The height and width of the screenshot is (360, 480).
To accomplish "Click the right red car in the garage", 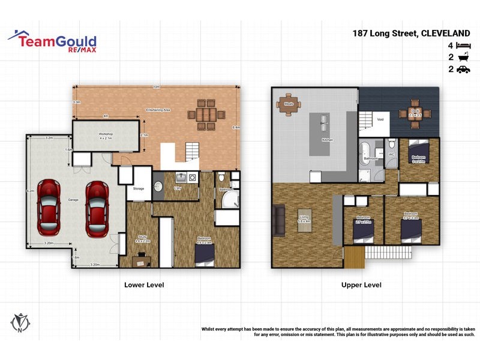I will point(95,208).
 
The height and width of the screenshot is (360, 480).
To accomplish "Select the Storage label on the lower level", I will point(139,189).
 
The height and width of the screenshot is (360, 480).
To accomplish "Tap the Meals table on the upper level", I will point(289,103).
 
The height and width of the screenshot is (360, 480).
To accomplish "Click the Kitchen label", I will point(327,140).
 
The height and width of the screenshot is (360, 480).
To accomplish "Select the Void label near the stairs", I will point(380,119).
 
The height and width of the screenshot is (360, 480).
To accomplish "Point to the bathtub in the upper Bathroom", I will point(364,154).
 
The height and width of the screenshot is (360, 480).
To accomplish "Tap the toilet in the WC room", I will point(391,144).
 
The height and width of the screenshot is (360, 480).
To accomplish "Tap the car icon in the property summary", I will point(463,70).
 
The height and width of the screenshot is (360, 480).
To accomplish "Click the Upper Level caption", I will point(361,285).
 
